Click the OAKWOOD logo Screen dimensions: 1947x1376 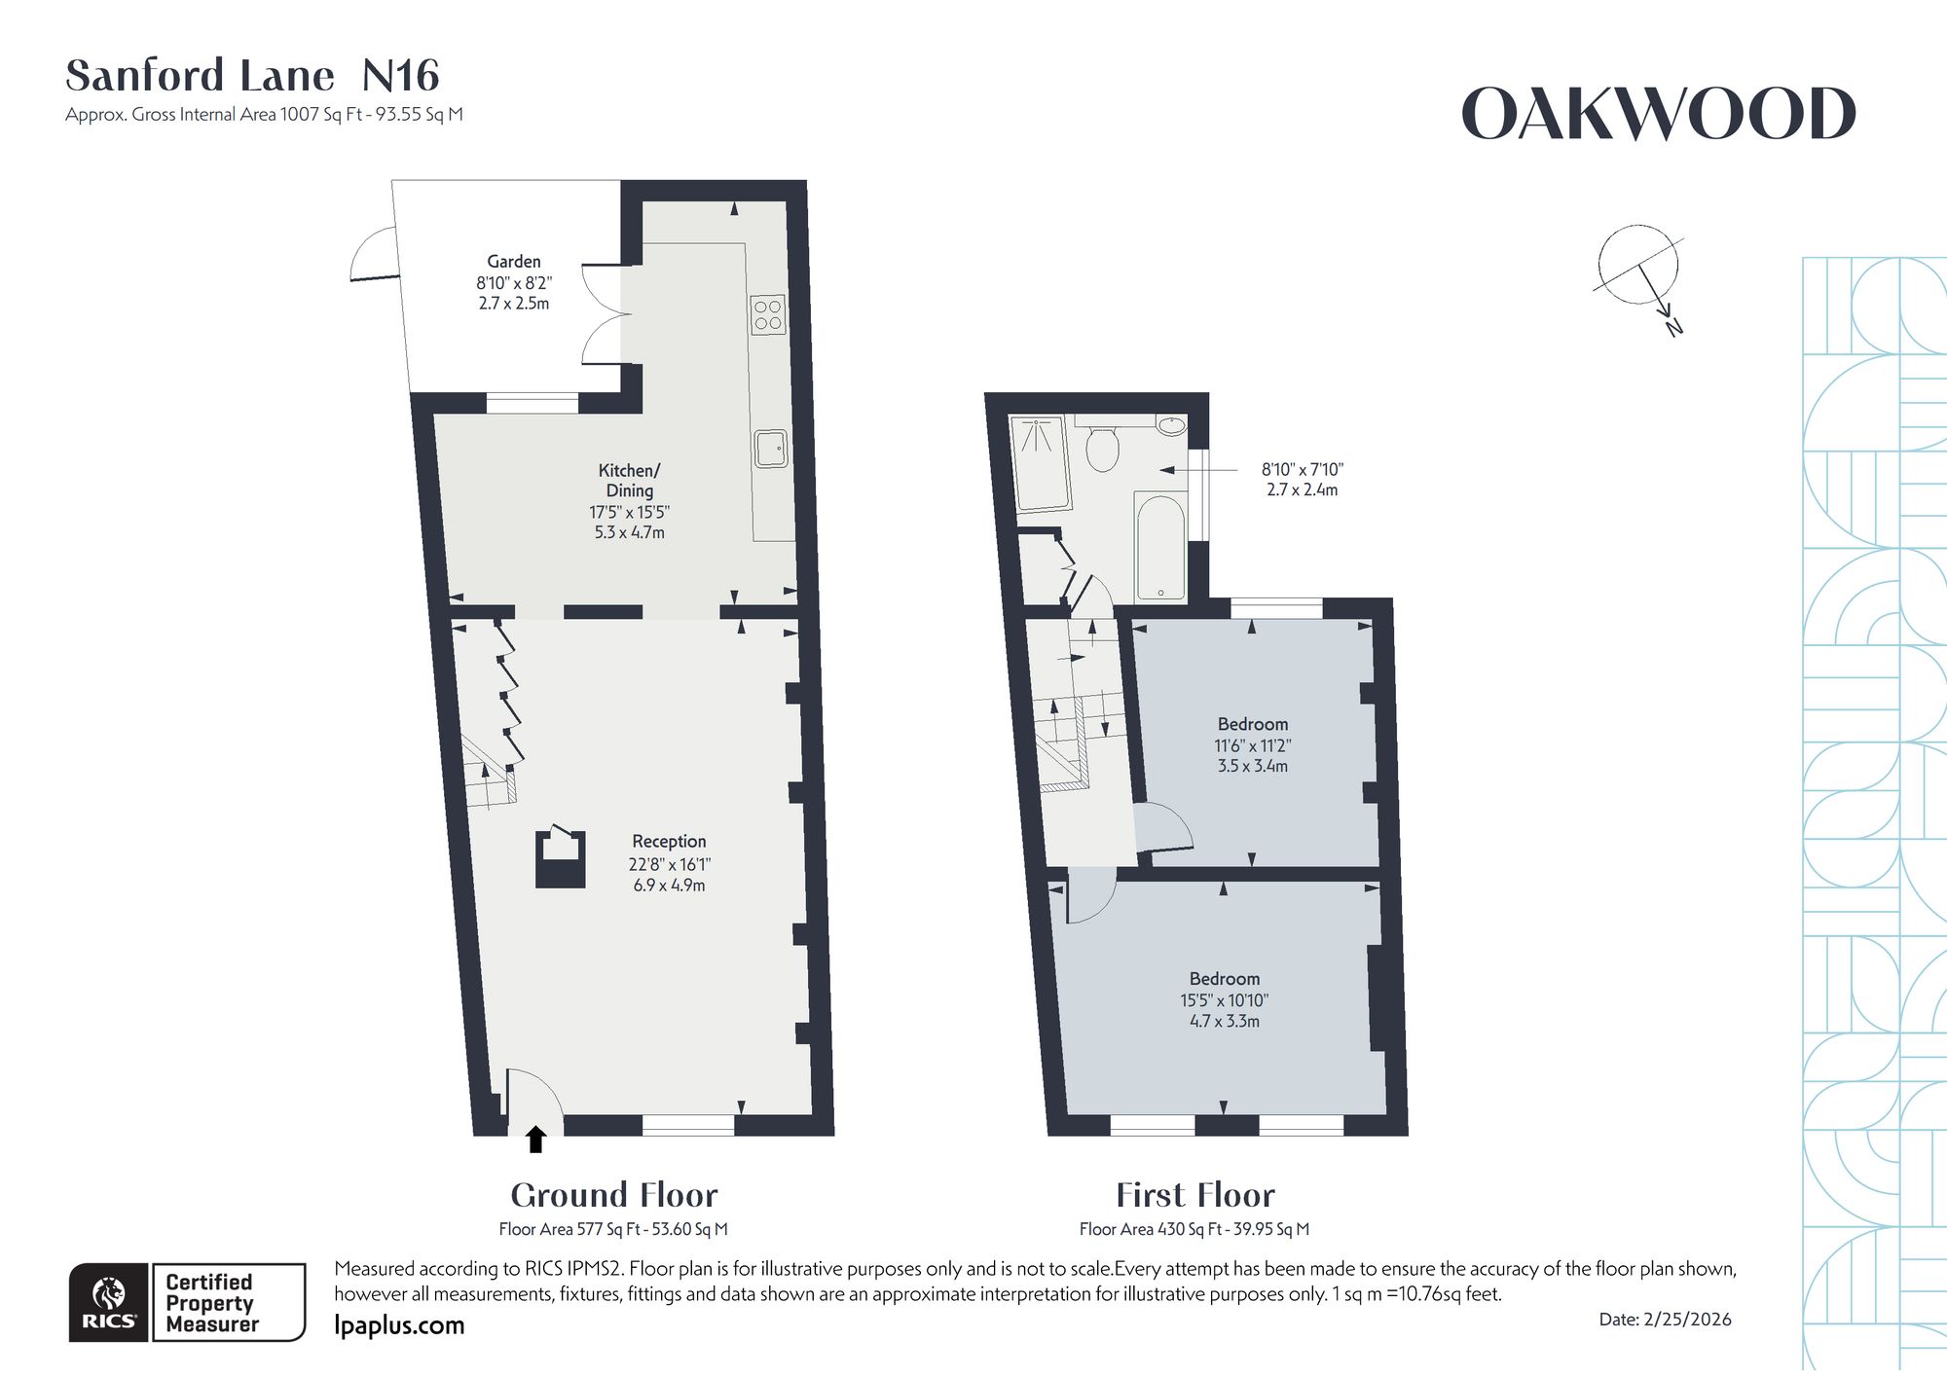click(1659, 114)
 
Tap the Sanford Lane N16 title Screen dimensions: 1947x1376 click(253, 75)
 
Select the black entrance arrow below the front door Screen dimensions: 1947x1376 click(535, 1139)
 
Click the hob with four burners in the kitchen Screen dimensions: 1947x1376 click(768, 314)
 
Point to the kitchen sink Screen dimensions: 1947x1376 click(771, 449)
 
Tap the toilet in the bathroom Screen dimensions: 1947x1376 click(1102, 446)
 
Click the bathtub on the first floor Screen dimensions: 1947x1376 click(1160, 546)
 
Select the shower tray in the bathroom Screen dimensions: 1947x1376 click(1042, 463)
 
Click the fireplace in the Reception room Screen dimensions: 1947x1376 click(561, 857)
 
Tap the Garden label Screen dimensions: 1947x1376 click(514, 262)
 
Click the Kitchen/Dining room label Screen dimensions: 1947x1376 click(630, 481)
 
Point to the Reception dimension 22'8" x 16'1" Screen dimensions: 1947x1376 click(670, 864)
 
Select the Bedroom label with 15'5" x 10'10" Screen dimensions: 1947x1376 click(1225, 979)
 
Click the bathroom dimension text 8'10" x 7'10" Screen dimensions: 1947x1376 click(1303, 469)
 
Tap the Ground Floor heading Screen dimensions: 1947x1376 click(614, 1195)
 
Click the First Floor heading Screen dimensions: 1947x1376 click(1195, 1195)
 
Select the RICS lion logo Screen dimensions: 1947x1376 click(109, 1303)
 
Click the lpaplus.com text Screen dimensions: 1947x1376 click(399, 1325)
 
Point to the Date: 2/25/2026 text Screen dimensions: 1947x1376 click(1666, 1320)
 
